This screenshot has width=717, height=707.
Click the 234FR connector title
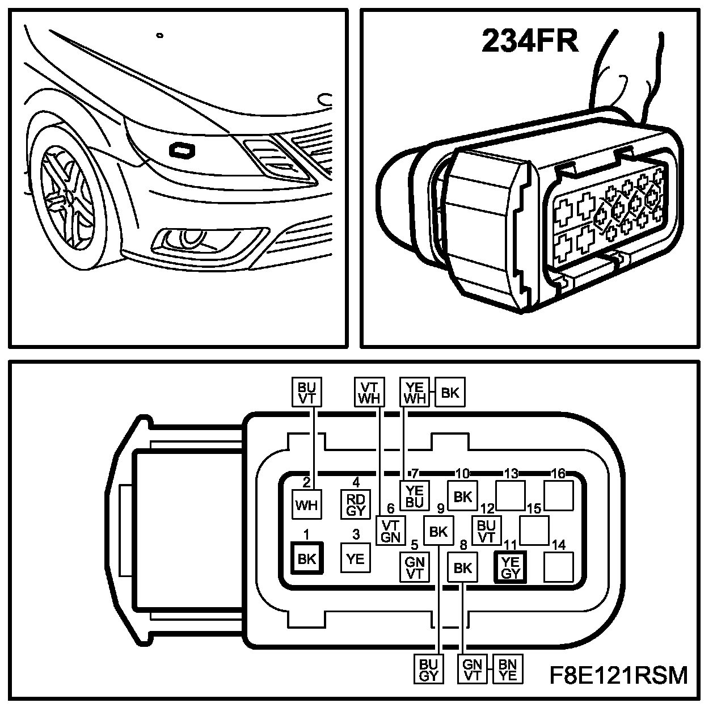(530, 41)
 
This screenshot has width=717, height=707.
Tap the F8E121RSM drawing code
(619, 675)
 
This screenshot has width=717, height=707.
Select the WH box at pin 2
(306, 504)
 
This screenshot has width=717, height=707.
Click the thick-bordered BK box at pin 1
(306, 558)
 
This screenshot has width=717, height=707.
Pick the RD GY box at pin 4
(356, 504)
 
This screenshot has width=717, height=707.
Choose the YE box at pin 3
(356, 558)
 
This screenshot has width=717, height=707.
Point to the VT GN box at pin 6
(391, 531)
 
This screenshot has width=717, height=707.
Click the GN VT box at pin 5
(415, 567)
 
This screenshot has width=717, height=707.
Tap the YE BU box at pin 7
(415, 496)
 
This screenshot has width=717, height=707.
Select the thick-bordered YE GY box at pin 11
(511, 567)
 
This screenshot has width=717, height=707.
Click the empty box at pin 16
(559, 496)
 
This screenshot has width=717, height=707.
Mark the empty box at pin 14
(559, 567)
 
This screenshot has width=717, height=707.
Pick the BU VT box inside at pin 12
(487, 531)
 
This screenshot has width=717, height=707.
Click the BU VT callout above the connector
(306, 392)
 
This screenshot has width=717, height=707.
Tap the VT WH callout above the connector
(369, 392)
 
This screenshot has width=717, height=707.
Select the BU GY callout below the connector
(429, 670)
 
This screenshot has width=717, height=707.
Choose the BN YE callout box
(508, 670)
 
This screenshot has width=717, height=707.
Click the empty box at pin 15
(534, 531)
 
